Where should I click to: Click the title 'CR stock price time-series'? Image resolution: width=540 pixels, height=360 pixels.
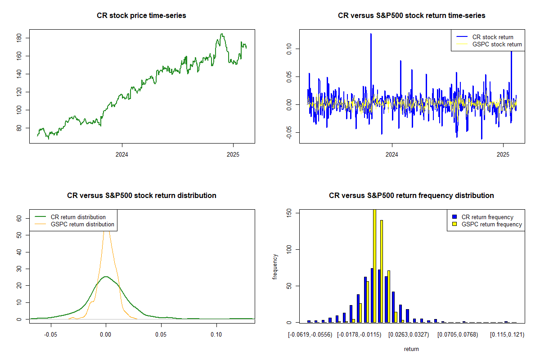141,16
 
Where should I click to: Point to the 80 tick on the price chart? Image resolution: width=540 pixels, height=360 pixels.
19,128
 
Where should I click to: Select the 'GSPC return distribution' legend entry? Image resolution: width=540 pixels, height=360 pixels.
82,224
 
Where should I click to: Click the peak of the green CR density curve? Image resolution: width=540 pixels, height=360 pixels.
106,277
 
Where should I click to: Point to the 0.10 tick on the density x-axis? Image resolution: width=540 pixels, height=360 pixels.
216,335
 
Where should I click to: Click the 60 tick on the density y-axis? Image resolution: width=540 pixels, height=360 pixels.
19,218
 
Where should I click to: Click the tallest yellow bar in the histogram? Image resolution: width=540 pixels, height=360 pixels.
374,265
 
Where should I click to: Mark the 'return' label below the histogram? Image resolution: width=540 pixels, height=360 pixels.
411,349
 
